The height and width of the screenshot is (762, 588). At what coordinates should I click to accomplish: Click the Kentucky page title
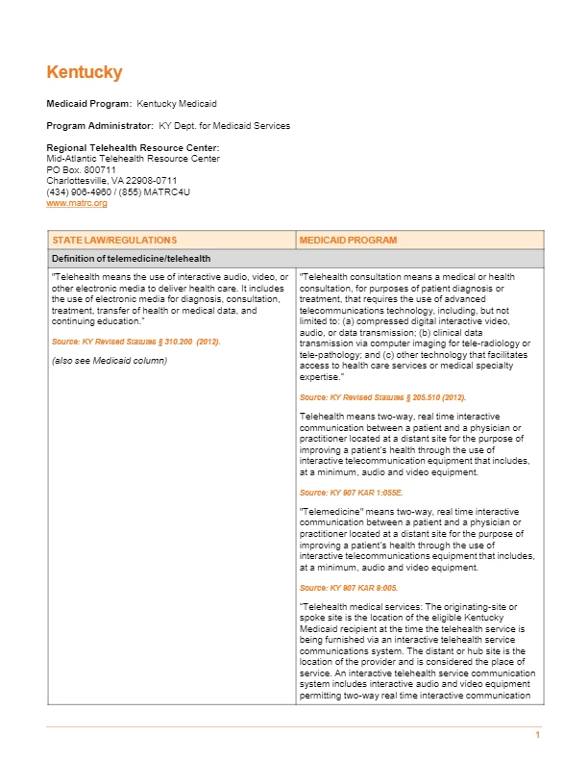pyautogui.click(x=85, y=73)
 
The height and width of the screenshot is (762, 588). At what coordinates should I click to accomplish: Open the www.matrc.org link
pyautogui.click(x=77, y=203)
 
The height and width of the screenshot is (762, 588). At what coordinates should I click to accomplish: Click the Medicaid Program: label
pyautogui.click(x=89, y=103)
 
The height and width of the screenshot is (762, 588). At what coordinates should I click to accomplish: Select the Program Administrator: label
pyautogui.click(x=100, y=126)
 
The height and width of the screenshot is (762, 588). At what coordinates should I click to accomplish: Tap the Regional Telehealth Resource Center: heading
pyautogui.click(x=126, y=147)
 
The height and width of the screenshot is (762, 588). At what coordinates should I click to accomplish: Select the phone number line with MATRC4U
pyautogui.click(x=118, y=191)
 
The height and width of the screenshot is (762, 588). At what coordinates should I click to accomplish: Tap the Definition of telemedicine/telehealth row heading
pyautogui.click(x=131, y=259)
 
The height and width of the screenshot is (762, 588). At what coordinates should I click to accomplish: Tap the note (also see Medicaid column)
pyautogui.click(x=109, y=361)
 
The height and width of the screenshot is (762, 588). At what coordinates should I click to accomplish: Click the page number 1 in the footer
pyautogui.click(x=538, y=735)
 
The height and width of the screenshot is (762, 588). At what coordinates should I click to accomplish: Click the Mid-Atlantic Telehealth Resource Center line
pyautogui.click(x=133, y=159)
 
